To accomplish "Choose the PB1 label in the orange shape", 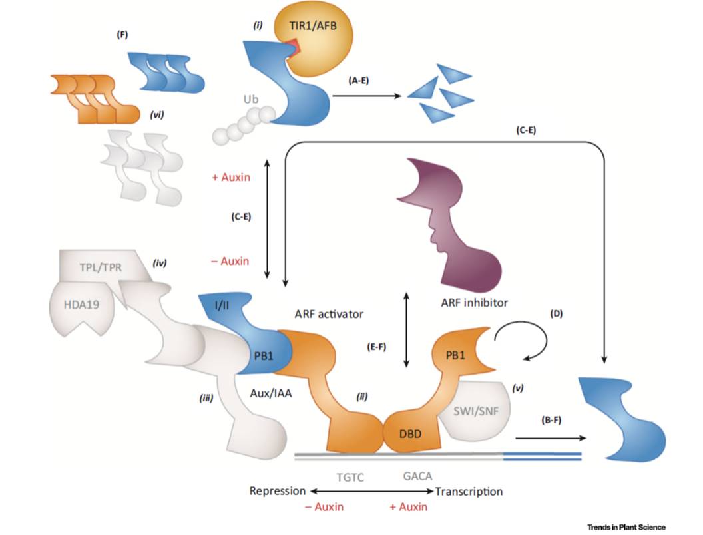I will tap(459, 352).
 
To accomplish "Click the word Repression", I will tap(277, 492).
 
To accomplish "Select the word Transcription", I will tap(469, 492).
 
